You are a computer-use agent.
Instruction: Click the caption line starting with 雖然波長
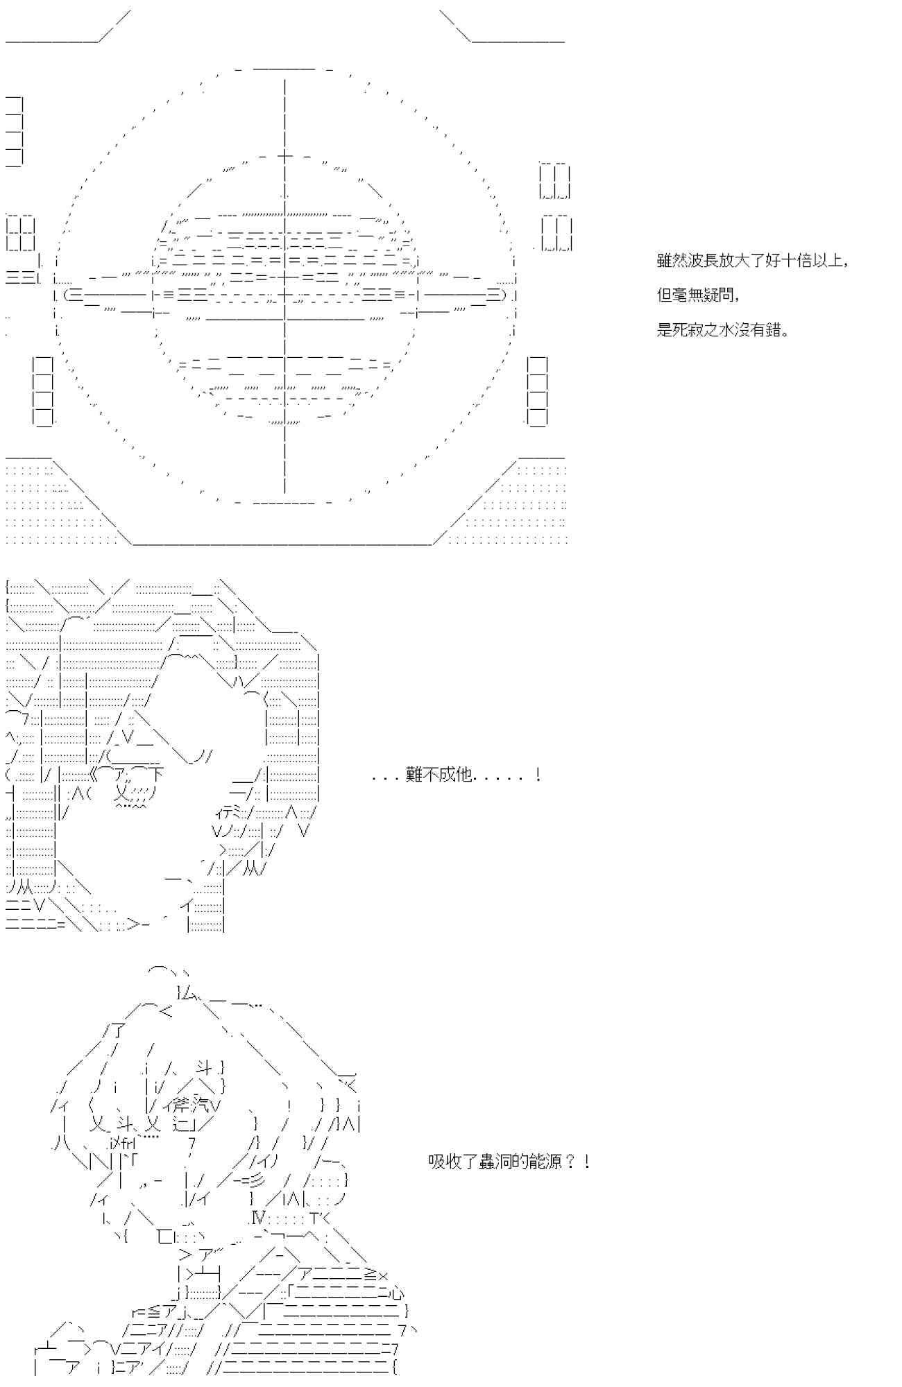(x=752, y=261)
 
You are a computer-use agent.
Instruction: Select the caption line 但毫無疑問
(x=697, y=295)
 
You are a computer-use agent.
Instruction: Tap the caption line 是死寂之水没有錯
(x=722, y=329)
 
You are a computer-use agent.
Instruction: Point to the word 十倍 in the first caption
(x=796, y=261)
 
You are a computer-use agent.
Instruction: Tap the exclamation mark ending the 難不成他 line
(x=538, y=775)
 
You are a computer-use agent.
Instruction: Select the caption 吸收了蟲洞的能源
(x=509, y=1161)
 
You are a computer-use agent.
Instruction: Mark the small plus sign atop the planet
(x=285, y=155)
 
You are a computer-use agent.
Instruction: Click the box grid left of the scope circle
(x=21, y=233)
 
